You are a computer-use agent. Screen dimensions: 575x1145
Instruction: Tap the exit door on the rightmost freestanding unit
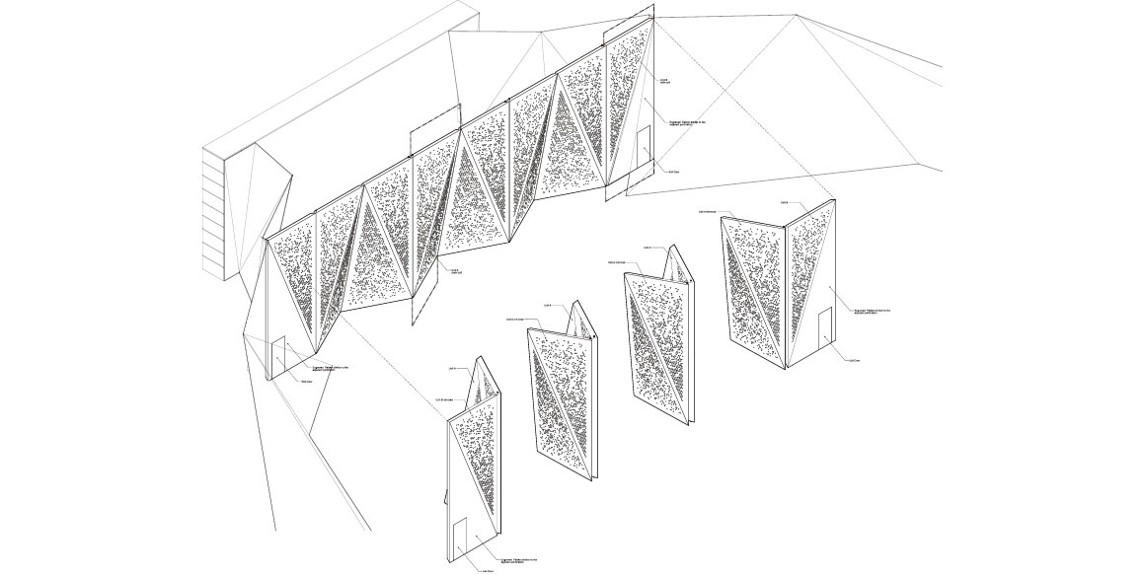tap(825, 327)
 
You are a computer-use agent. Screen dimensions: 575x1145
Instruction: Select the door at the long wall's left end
tap(279, 355)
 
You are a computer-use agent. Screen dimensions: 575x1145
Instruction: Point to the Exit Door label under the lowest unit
tap(487, 570)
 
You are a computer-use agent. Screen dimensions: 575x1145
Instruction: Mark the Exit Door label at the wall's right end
tap(674, 171)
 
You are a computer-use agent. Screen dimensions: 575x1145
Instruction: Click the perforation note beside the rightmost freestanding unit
tap(864, 312)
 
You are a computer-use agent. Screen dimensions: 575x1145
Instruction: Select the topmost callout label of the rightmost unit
tap(784, 202)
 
